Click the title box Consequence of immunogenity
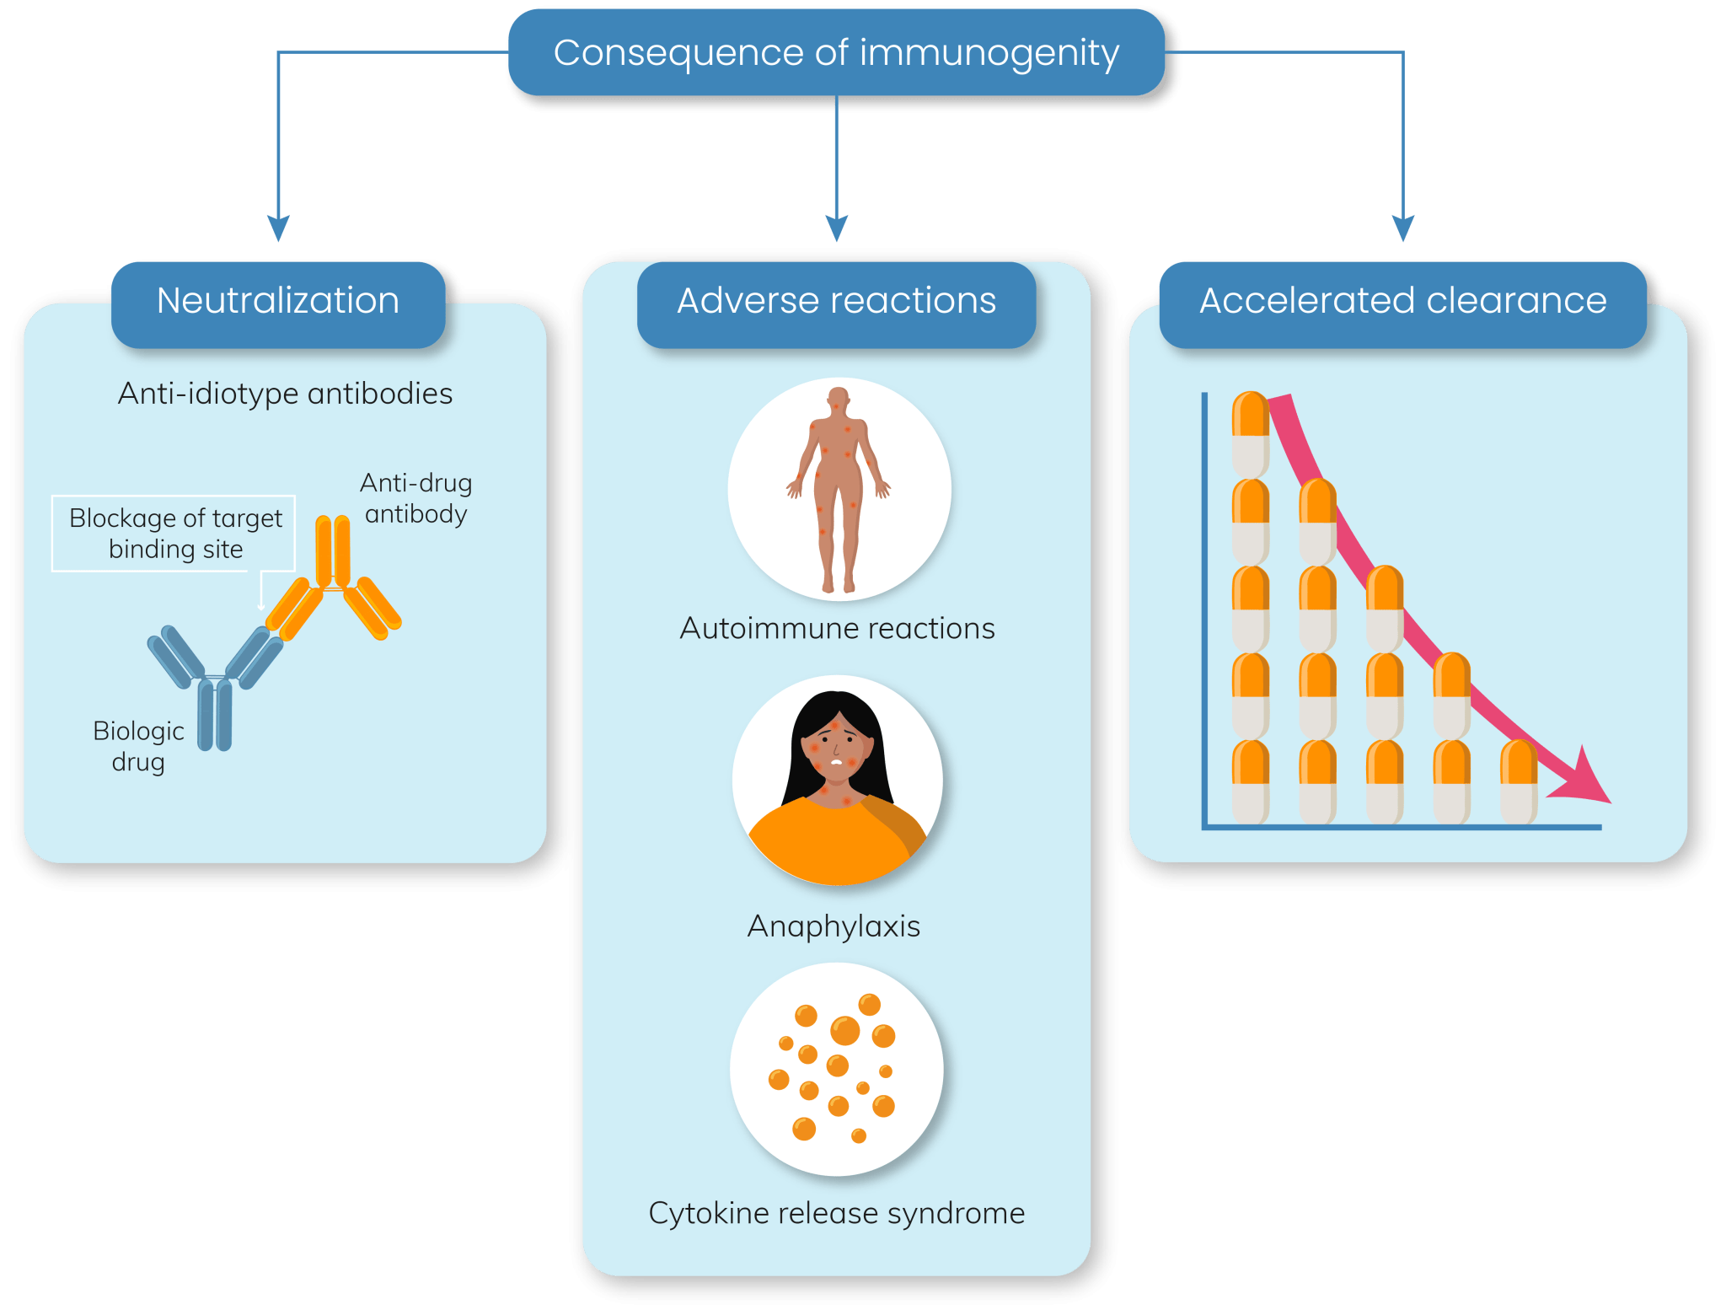tap(835, 52)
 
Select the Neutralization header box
tap(278, 301)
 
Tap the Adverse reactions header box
tap(836, 301)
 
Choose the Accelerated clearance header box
tap(1402, 301)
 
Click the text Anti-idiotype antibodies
tap(285, 394)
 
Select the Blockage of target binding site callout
tap(174, 534)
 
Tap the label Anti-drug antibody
tap(415, 498)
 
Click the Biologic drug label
tap(138, 746)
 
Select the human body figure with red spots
tap(839, 489)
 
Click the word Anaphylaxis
tap(834, 926)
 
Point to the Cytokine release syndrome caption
tap(836, 1213)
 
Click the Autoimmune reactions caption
tap(837, 629)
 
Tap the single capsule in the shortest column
tap(1519, 781)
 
